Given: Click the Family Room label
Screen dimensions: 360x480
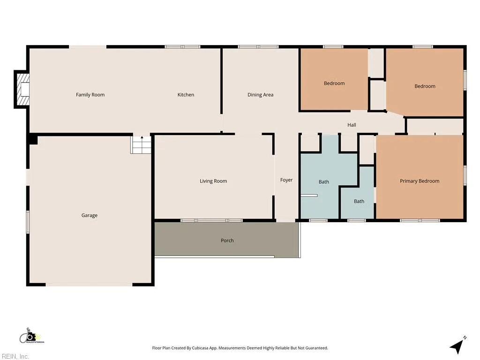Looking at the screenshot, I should (90, 95).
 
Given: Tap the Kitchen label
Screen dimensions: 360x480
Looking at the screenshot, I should (186, 95).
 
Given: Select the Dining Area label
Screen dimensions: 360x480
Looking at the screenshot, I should (260, 95).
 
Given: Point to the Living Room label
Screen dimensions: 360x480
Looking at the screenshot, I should (213, 181).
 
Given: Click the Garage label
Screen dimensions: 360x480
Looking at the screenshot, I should (90, 215).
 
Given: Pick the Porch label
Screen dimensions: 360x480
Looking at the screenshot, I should (227, 240).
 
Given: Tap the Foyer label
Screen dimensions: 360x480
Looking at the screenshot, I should (286, 180).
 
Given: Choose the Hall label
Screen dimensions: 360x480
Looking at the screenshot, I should (352, 125).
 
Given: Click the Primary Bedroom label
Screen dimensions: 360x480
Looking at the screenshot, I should (420, 181).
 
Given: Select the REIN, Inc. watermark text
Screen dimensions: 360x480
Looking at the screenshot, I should (15, 356).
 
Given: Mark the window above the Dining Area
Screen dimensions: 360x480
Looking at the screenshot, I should (258, 47).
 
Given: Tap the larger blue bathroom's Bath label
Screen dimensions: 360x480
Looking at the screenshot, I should (324, 182).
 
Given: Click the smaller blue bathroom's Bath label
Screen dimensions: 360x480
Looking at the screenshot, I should (359, 201).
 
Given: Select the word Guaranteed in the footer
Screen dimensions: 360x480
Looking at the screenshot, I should (316, 348).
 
